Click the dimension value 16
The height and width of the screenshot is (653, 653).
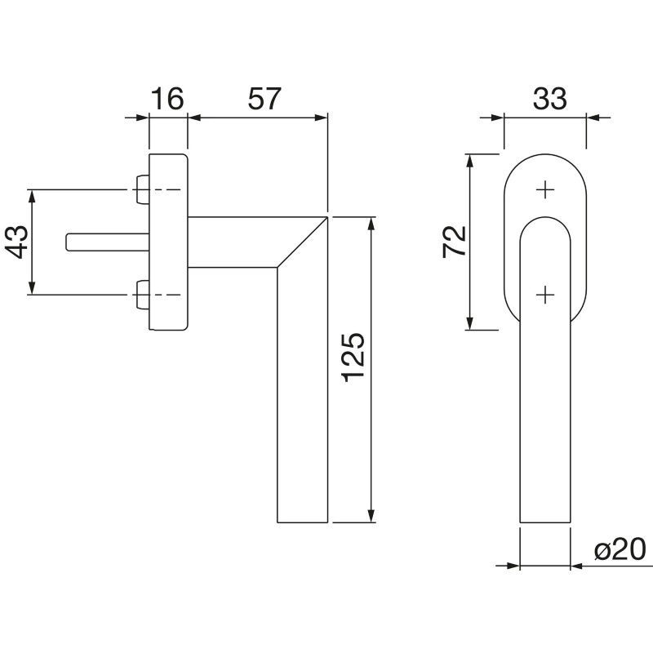[167, 99]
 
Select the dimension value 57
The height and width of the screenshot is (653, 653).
[264, 99]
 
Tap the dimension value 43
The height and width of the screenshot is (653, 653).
[16, 242]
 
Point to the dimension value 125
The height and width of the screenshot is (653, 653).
[353, 358]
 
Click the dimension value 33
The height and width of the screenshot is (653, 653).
[549, 99]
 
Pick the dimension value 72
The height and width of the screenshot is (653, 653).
[454, 242]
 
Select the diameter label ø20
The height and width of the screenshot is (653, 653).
[620, 549]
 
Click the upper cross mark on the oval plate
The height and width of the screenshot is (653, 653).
[545, 190]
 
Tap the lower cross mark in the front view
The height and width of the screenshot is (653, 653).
[545, 295]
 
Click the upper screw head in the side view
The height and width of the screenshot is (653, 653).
[143, 190]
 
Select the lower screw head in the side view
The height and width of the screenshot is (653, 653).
[143, 295]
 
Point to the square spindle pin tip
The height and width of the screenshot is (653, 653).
[68, 242]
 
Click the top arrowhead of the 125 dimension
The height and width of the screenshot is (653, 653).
[371, 224]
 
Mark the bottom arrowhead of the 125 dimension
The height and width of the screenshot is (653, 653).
[371, 515]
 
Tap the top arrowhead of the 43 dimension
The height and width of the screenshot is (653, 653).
[32, 197]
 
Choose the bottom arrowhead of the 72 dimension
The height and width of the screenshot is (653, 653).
[470, 322]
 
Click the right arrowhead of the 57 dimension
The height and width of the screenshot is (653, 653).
[321, 118]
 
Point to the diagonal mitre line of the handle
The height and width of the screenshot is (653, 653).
[302, 242]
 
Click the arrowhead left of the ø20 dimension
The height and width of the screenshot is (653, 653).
[513, 566]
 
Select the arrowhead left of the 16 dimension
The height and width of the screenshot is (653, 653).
[142, 118]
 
